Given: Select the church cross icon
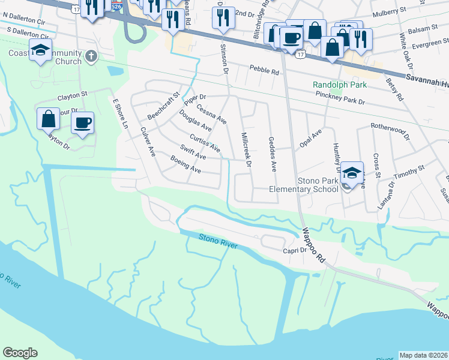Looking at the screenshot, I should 91,56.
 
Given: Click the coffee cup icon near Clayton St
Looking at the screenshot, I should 82,123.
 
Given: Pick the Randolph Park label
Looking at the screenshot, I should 339,85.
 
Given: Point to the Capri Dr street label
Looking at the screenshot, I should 295,251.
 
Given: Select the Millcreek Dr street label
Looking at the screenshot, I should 246,150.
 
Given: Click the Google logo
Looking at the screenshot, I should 20,353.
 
